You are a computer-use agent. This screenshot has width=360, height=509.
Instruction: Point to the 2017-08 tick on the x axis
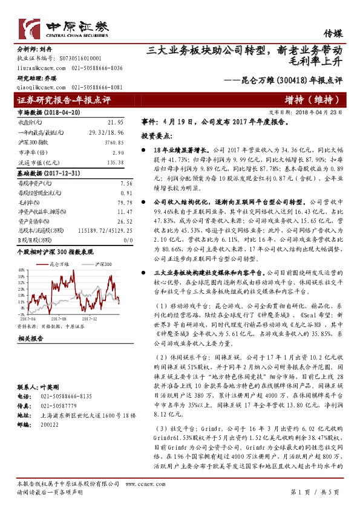click(x=59, y=317)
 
